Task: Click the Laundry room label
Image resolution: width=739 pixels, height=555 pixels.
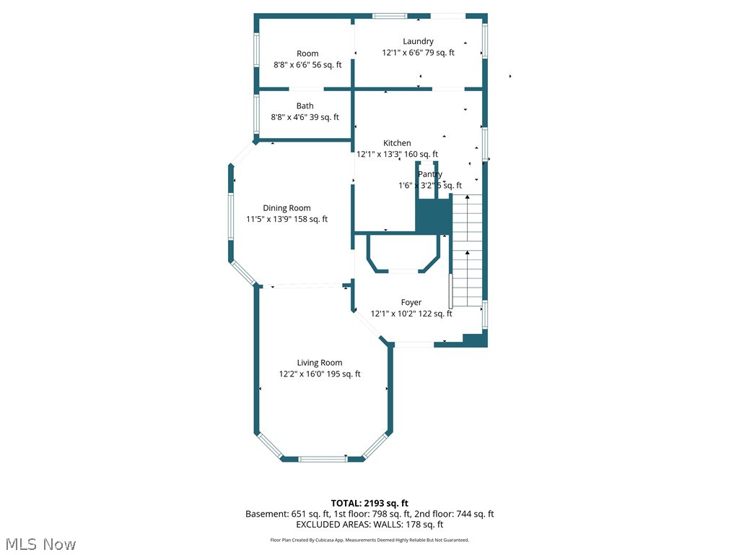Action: tap(418, 41)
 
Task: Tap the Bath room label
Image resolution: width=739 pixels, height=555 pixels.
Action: tap(305, 106)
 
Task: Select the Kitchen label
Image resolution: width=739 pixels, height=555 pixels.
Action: tap(397, 143)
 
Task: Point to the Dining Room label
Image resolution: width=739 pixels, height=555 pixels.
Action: tap(287, 208)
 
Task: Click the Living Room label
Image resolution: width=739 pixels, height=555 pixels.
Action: tap(320, 363)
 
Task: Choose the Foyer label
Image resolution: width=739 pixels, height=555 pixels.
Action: tap(411, 302)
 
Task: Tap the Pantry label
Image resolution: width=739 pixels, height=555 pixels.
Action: tap(430, 174)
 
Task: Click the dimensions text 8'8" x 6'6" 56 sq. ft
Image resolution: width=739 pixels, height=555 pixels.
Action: tap(307, 65)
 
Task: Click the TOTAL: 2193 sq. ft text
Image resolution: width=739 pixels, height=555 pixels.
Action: tap(369, 503)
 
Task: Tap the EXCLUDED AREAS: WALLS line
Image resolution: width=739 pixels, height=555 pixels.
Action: tap(369, 525)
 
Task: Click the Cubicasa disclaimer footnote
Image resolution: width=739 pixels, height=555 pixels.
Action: tap(369, 540)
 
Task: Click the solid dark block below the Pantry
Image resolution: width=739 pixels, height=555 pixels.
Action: tap(433, 216)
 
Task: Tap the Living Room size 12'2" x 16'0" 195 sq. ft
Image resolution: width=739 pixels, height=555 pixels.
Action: tap(320, 374)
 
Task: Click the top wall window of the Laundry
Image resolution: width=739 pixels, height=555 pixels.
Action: tap(389, 16)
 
